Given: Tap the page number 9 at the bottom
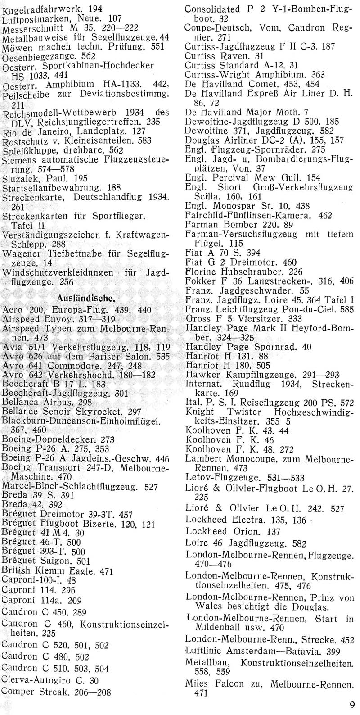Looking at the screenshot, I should (351, 704).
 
